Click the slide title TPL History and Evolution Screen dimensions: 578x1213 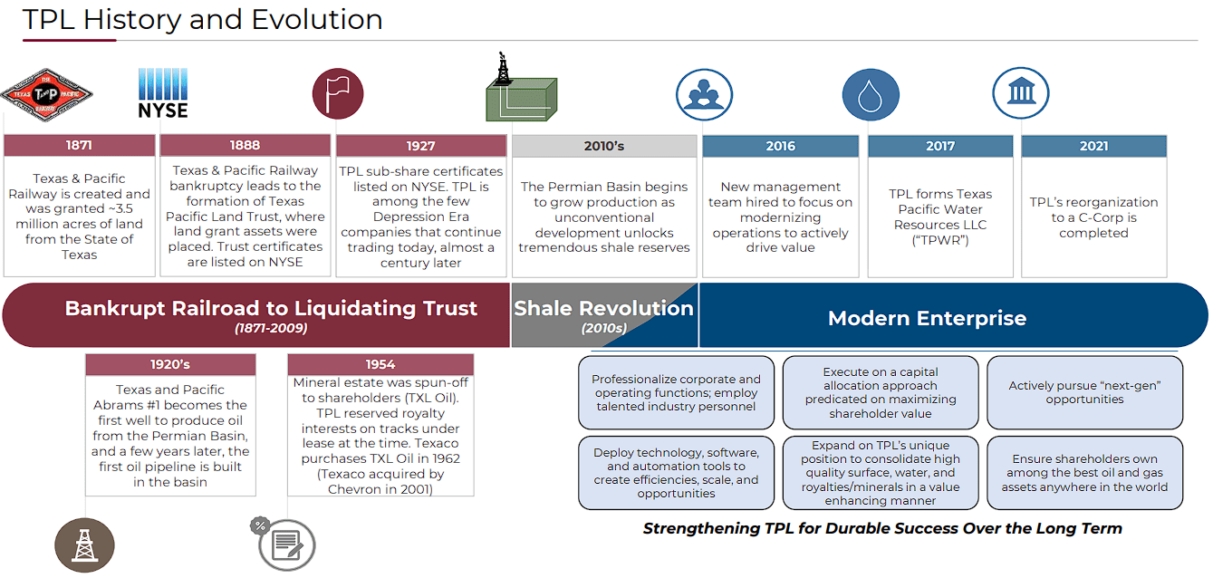[x=202, y=20]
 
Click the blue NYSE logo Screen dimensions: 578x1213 [x=163, y=94]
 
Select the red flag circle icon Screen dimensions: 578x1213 [x=338, y=93]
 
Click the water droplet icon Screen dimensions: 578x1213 [x=871, y=94]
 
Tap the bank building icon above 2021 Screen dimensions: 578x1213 [x=1020, y=92]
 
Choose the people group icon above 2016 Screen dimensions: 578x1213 [x=704, y=94]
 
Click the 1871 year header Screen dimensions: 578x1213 [x=79, y=145]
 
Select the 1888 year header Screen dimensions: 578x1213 [x=245, y=145]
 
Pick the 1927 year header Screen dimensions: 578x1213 [x=420, y=146]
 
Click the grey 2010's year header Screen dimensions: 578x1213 [x=604, y=146]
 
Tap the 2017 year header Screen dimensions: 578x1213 [x=940, y=146]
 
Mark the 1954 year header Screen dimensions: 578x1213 [x=380, y=364]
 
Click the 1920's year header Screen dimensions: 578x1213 [x=170, y=364]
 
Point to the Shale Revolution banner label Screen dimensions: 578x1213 [x=603, y=309]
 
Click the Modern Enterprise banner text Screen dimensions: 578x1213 [x=927, y=318]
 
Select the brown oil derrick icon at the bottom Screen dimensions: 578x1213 [x=84, y=544]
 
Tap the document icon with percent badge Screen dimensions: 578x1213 [x=285, y=544]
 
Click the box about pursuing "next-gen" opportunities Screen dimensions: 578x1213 [x=1084, y=392]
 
